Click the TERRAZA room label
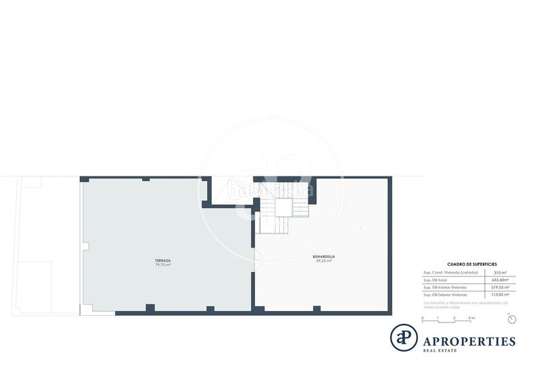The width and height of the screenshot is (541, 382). [162, 260]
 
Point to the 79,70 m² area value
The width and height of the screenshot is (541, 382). [162, 265]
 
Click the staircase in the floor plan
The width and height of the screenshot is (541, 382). [274, 206]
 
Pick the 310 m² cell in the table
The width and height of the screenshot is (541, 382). [500, 272]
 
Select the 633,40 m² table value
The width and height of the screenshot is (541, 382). [500, 280]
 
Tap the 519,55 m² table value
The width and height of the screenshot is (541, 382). [500, 287]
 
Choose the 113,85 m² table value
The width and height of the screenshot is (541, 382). [500, 295]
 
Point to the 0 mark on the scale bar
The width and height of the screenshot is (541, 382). [423, 318]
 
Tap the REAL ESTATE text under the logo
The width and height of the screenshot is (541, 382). [440, 350]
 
